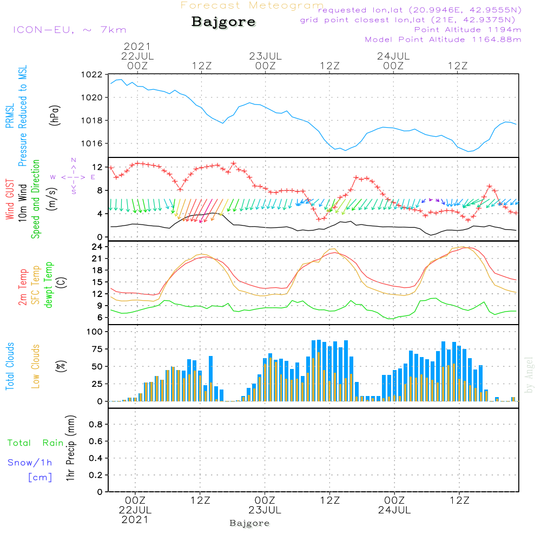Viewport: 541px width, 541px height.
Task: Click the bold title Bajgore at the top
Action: [223, 22]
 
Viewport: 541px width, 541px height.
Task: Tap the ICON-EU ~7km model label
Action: [69, 30]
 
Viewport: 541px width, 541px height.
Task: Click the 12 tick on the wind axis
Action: [97, 167]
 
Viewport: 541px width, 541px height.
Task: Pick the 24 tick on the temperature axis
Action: [97, 247]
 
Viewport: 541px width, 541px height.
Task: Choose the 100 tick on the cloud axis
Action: [95, 332]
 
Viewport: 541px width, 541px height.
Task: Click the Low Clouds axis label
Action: [36, 366]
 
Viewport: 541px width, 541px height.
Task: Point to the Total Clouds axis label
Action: [10, 366]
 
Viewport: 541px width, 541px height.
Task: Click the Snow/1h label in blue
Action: [30, 463]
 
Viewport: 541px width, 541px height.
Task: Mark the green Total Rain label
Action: [35, 443]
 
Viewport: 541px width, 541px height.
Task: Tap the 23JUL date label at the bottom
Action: [265, 510]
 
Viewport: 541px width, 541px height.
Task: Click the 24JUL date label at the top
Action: [393, 56]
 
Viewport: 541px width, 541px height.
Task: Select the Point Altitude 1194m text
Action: [467, 30]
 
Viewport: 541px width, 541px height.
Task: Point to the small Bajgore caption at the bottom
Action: [249, 523]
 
